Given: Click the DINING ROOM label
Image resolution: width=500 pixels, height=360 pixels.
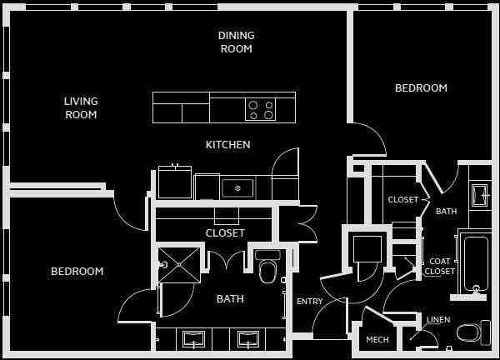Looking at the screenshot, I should pyautogui.click(x=236, y=42).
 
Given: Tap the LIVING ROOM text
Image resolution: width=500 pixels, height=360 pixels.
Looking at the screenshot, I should pyautogui.click(x=81, y=107).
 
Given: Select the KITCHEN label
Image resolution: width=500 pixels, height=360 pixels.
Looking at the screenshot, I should pyautogui.click(x=227, y=145).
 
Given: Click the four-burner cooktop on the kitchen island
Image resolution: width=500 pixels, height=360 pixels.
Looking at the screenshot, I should pyautogui.click(x=260, y=110).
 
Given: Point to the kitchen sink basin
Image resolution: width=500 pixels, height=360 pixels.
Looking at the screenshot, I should pyautogui.click(x=237, y=188).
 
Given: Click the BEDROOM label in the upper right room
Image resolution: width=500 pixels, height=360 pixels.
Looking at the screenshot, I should pyautogui.click(x=421, y=87).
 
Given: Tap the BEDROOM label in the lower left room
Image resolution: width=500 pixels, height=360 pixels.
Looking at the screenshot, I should pyautogui.click(x=77, y=271).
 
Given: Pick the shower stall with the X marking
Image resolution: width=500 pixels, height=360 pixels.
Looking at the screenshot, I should pyautogui.click(x=178, y=265).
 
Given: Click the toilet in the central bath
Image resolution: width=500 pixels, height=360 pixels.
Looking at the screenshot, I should pyautogui.click(x=267, y=268).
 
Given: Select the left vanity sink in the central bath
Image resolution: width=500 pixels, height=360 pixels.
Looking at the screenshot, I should pyautogui.click(x=194, y=338).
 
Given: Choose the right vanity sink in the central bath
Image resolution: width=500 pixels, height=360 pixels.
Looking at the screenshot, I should pyautogui.click(x=248, y=338).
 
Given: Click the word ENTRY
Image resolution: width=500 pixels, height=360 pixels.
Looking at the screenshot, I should pyautogui.click(x=309, y=302).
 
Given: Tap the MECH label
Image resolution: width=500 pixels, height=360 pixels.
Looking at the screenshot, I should pyautogui.click(x=377, y=339).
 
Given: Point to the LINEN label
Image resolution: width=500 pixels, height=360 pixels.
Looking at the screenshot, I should pyautogui.click(x=438, y=320).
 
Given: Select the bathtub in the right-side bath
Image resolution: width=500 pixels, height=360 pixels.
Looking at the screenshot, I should pyautogui.click(x=476, y=262).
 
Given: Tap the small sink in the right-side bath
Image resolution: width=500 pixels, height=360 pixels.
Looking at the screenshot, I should pyautogui.click(x=480, y=195).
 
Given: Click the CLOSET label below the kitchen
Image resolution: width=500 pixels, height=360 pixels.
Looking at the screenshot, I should pyautogui.click(x=225, y=233).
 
